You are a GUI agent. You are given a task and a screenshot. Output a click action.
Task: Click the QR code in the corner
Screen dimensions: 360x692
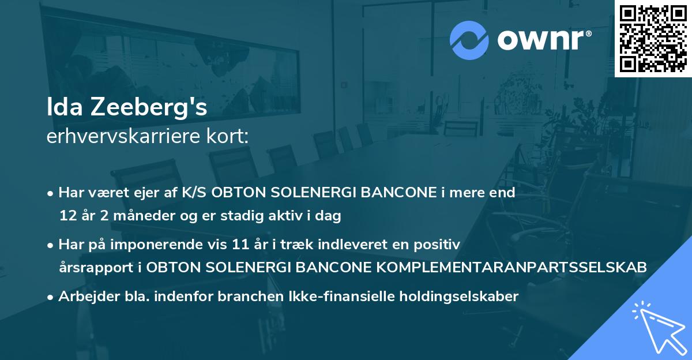[x=653, y=38]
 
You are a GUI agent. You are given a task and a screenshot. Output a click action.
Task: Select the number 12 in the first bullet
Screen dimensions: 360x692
[x=66, y=216]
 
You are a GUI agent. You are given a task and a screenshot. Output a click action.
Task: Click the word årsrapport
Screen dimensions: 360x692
[x=97, y=267]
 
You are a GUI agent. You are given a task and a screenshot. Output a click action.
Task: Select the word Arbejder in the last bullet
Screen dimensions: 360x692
[x=84, y=296]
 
